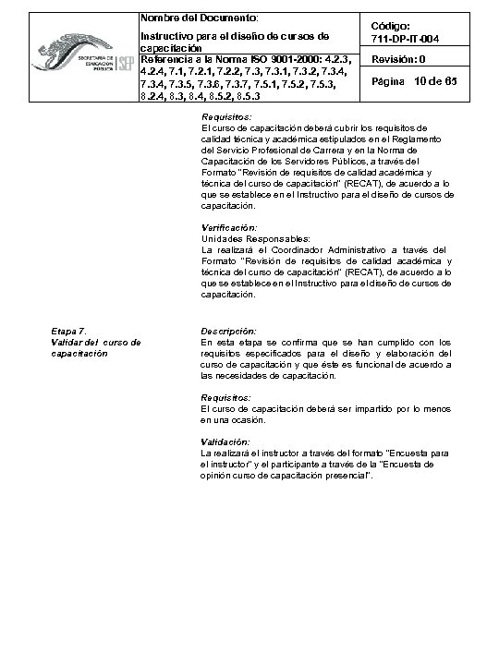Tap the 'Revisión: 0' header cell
tap(398, 59)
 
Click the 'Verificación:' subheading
tap(229, 226)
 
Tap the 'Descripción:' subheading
tap(228, 331)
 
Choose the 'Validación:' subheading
tap(225, 441)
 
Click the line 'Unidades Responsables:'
tap(246, 237)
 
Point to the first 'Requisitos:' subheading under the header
tap(226, 116)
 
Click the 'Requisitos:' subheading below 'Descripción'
tap(226, 397)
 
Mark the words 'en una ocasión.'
tap(232, 419)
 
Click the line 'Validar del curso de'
tap(95, 342)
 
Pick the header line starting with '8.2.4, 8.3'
tap(200, 95)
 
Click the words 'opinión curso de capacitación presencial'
tap(286, 475)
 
